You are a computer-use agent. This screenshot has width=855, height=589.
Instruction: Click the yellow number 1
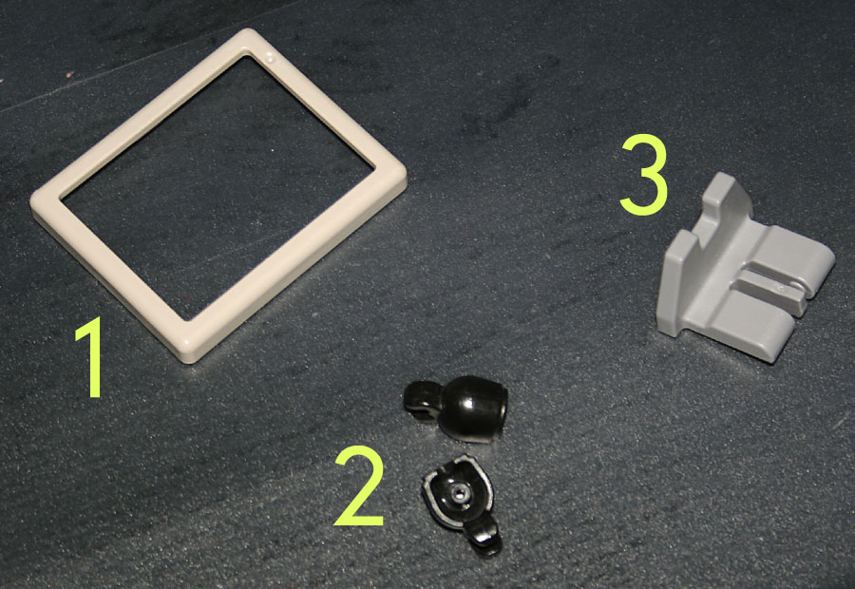(x=93, y=357)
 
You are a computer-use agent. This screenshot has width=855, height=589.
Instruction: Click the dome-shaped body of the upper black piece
(x=473, y=408)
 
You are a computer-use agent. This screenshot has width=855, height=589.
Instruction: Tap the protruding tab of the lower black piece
(x=484, y=537)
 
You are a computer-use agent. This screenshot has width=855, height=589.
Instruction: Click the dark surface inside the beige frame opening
(x=218, y=185)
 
